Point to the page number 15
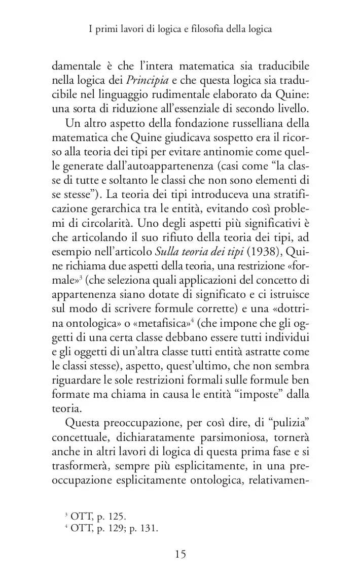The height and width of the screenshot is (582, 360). click(x=181, y=554)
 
